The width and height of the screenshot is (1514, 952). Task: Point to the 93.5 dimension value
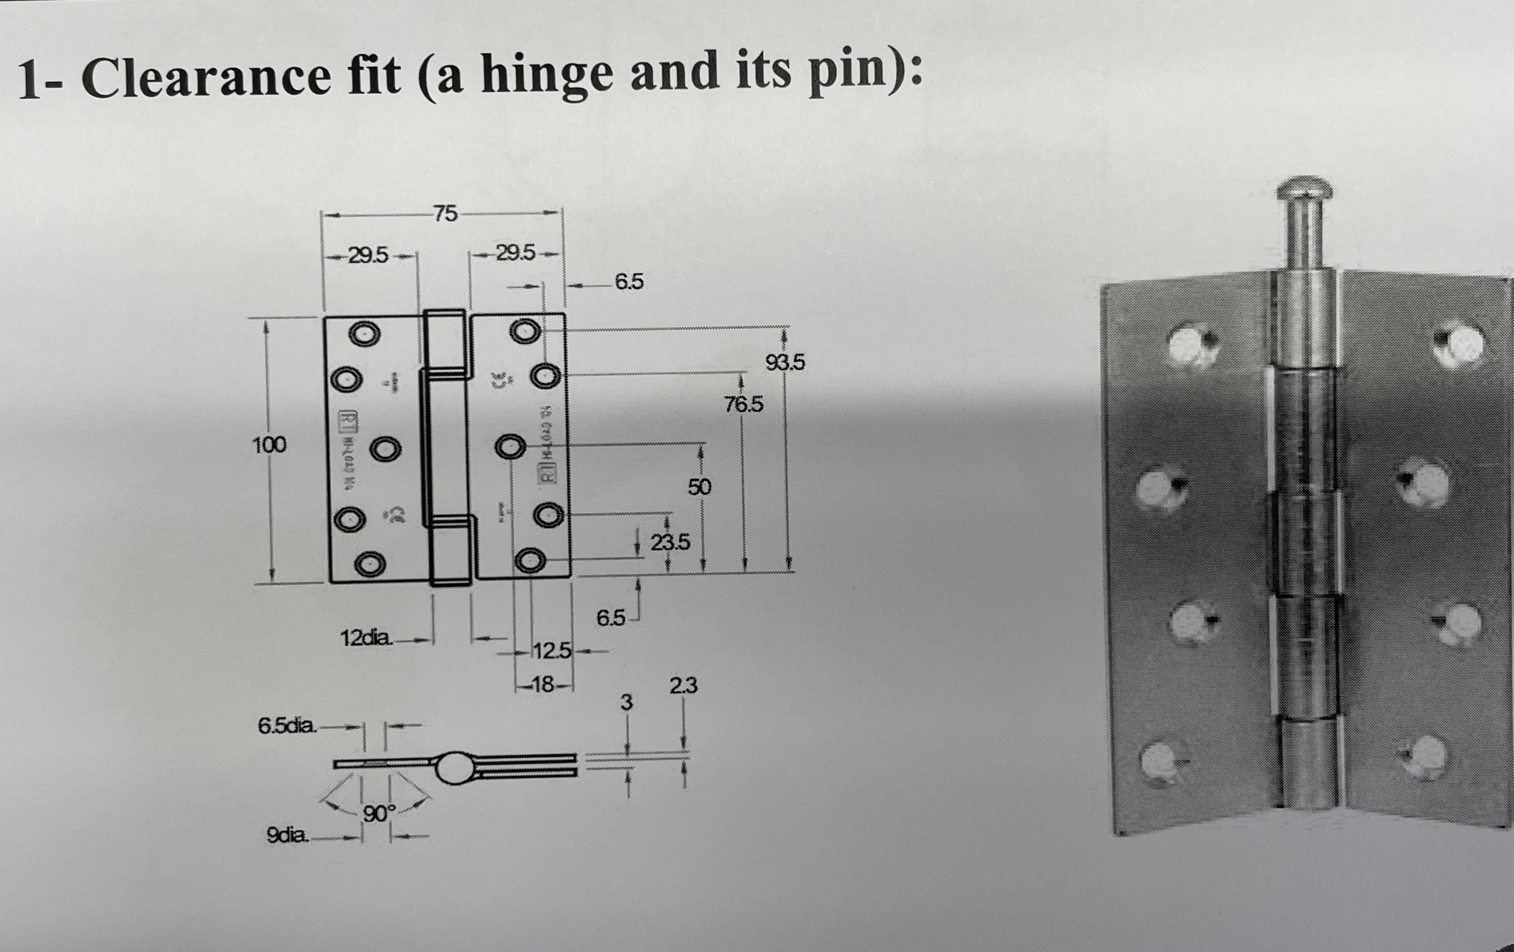pos(785,362)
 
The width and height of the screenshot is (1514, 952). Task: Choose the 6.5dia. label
pos(286,726)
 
